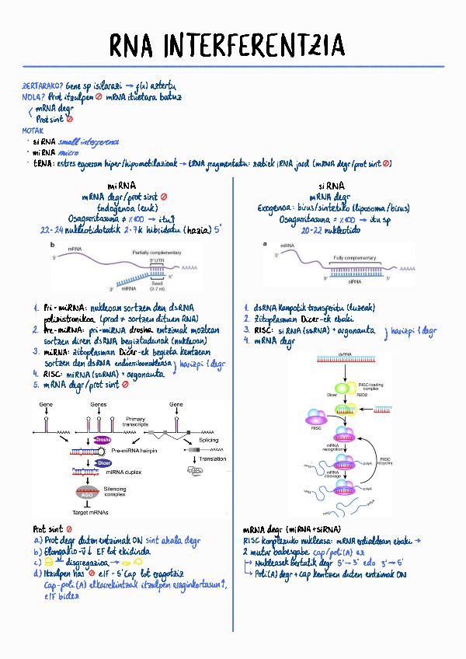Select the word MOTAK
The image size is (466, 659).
pos(33,131)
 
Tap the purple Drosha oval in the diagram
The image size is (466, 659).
pos(102,440)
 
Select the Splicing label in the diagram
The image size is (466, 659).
pos(208,440)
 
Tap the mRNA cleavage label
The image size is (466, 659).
pos(330,473)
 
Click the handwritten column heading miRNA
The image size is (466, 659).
pos(122,187)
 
